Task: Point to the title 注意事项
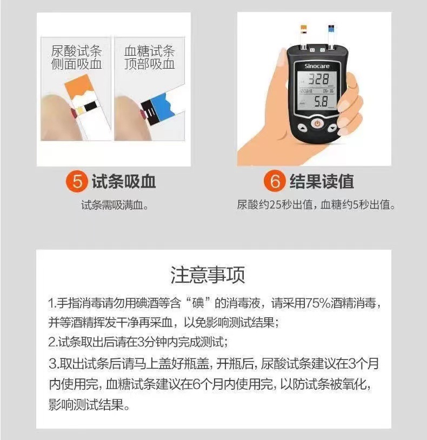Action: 208,275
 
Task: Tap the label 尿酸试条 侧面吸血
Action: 76,58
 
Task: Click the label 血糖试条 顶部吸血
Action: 149,58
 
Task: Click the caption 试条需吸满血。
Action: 115,205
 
